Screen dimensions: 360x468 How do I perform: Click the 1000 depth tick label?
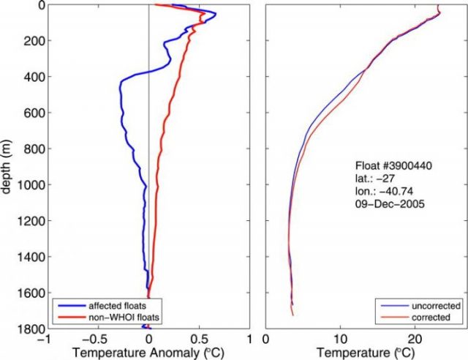click(x=31, y=185)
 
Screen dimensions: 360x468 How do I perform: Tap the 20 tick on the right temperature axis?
click(x=415, y=340)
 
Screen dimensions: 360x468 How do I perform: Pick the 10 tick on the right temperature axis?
click(x=340, y=340)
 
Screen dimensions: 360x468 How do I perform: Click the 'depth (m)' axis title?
click(x=8, y=168)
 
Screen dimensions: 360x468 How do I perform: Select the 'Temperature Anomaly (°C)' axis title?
click(x=148, y=353)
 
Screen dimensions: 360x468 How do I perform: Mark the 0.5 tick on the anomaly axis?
click(x=199, y=340)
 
